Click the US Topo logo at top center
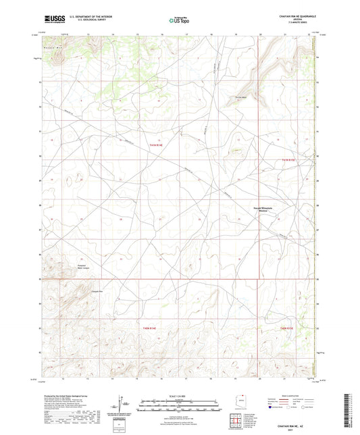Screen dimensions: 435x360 (179, 20)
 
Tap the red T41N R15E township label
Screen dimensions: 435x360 (288, 159)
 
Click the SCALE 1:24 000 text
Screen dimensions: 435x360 (180, 396)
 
